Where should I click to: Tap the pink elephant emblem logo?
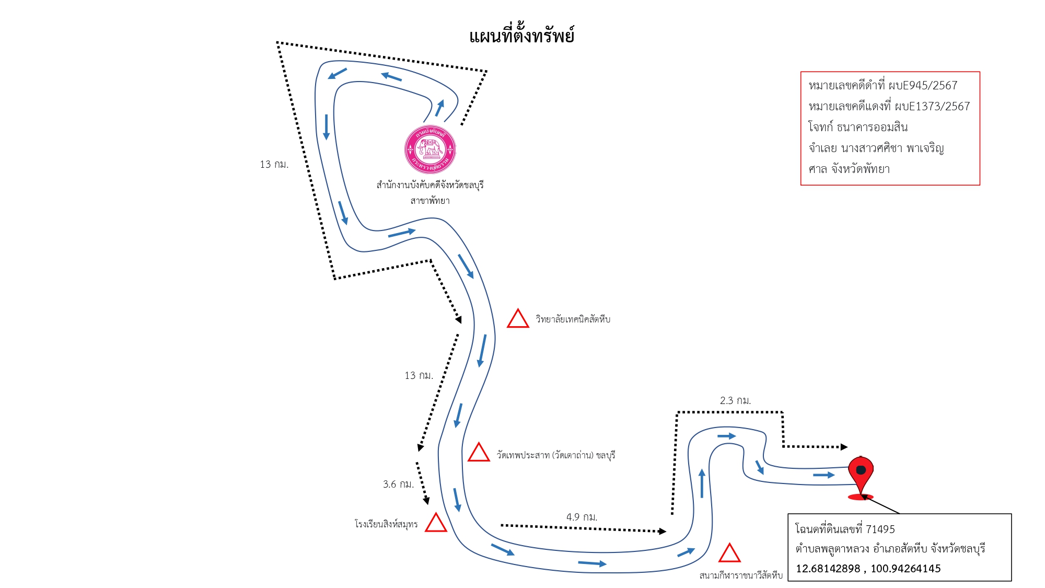430,149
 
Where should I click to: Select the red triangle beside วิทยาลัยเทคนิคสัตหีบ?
518,318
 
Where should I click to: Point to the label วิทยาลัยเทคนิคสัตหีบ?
573,319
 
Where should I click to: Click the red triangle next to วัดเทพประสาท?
479,452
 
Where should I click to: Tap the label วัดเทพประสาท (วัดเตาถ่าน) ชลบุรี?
555,455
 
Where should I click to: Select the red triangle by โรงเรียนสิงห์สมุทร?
436,522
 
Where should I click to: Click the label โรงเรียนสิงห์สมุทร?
386,524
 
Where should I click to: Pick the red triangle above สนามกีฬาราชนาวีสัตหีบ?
729,552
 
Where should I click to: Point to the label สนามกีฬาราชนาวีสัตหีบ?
741,575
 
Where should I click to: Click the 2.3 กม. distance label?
735,400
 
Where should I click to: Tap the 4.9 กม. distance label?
582,517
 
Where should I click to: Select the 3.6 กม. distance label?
398,484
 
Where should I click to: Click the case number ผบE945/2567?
923,85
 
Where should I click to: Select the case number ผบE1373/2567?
932,106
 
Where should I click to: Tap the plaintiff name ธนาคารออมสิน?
872,127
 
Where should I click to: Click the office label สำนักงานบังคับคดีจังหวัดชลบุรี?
430,185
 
